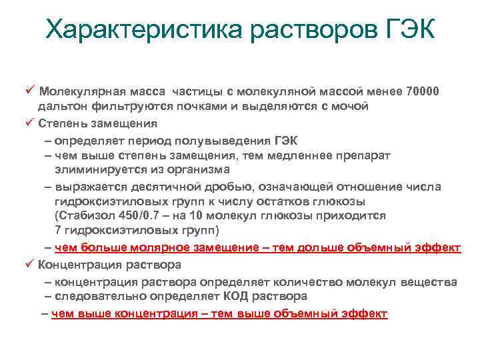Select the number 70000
[x=419, y=91]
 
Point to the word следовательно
[x=96, y=295]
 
